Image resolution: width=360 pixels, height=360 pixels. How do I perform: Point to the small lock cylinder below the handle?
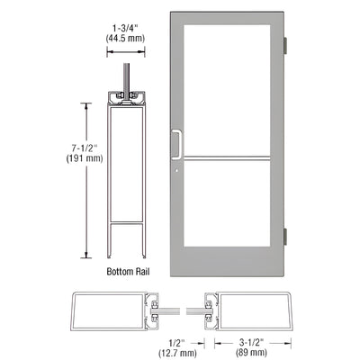point(179,165)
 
